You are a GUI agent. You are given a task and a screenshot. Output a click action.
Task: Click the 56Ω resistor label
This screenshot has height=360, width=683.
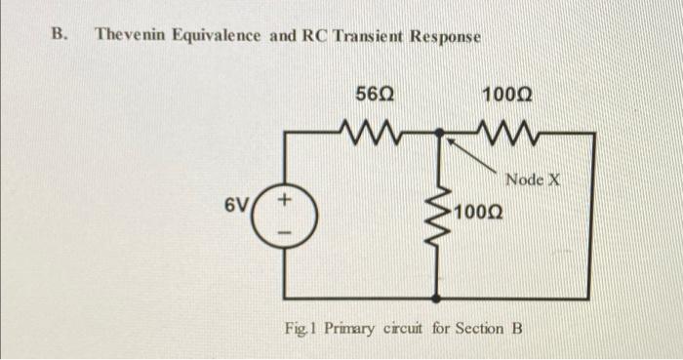pyautogui.click(x=374, y=96)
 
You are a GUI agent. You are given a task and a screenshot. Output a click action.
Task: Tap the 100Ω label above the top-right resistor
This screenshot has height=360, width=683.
pyautogui.click(x=507, y=96)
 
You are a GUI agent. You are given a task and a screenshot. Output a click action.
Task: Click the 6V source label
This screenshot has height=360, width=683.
pyautogui.click(x=235, y=206)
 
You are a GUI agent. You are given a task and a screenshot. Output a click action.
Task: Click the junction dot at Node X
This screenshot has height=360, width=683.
pyautogui.click(x=437, y=132)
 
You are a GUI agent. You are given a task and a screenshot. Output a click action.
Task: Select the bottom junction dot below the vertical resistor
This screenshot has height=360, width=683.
pyautogui.click(x=436, y=298)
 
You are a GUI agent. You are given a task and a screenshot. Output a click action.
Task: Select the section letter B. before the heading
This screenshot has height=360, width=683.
pyautogui.click(x=60, y=35)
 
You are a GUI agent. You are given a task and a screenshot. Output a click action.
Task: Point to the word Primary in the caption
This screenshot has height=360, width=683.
pyautogui.click(x=348, y=328)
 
